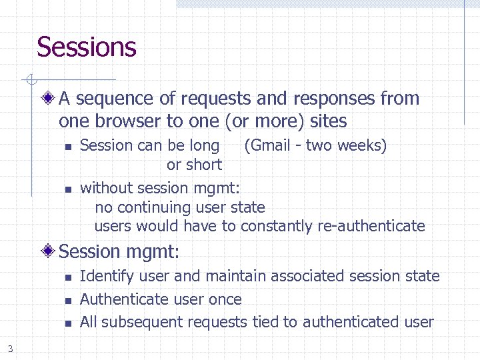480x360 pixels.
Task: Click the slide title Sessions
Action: click(x=87, y=47)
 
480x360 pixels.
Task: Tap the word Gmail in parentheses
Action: click(x=272, y=145)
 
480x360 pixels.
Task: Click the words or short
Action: click(x=194, y=164)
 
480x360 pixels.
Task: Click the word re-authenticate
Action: click(x=371, y=226)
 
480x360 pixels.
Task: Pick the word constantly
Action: click(x=276, y=226)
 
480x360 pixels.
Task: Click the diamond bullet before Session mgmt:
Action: click(x=48, y=252)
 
